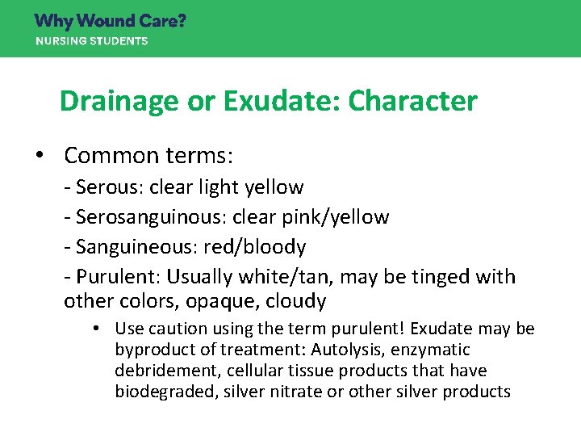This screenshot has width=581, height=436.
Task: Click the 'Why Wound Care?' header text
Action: click(110, 21)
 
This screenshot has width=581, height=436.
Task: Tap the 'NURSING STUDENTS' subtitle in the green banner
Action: click(91, 41)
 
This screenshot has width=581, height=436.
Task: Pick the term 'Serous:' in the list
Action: click(108, 187)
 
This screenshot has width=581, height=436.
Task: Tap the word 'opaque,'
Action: click(231, 302)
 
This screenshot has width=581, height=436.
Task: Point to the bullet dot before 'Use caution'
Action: click(95, 329)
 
